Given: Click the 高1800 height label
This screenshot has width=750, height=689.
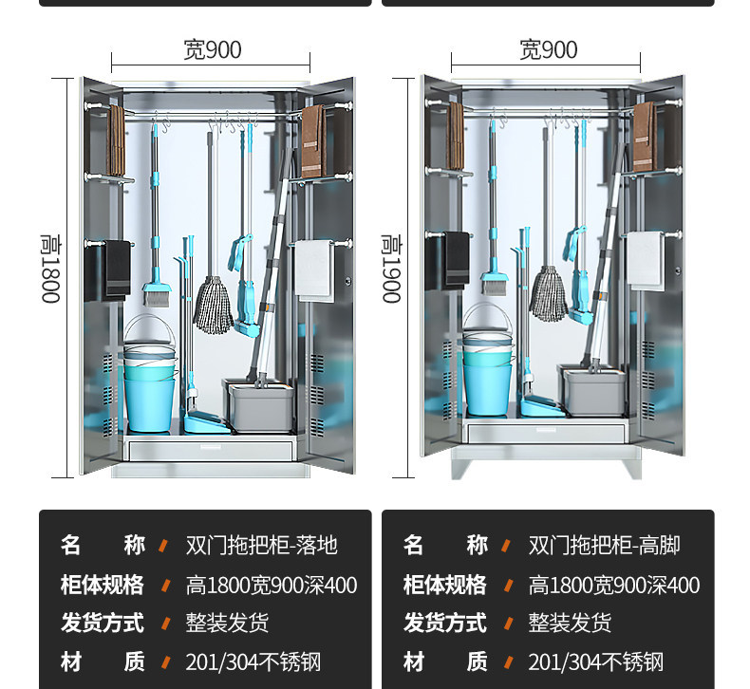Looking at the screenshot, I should [x=50, y=270].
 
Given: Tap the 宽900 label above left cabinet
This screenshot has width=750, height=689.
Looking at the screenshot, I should [x=212, y=50].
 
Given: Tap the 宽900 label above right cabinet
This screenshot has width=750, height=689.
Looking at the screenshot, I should [x=548, y=50].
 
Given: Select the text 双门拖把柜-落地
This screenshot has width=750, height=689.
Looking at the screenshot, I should [x=261, y=546].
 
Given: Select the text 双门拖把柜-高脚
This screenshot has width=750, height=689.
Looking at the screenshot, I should [x=604, y=546].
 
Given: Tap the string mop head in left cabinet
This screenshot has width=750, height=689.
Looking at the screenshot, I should [x=214, y=304].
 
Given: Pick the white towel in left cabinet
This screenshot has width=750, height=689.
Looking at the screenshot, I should [x=314, y=270].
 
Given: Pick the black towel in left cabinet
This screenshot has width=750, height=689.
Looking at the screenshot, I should [x=116, y=270].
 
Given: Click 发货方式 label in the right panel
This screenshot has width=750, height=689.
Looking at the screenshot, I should [x=444, y=624].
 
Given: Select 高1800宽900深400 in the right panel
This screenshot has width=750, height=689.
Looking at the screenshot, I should [x=613, y=586].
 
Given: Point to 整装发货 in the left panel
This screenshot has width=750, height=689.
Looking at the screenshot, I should [x=227, y=624].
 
